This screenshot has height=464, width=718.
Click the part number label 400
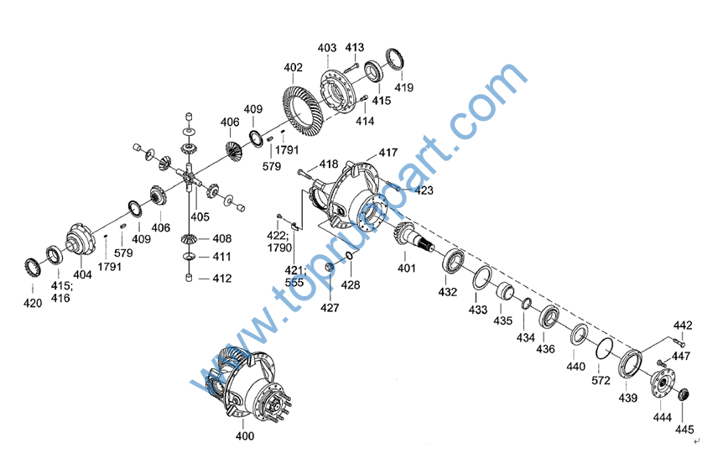(245, 435)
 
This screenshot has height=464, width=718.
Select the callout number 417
(388, 153)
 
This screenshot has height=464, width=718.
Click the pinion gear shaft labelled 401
(411, 237)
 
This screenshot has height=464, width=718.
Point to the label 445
(684, 430)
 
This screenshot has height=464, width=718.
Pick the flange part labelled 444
(663, 383)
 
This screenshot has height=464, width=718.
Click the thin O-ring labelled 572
(605, 349)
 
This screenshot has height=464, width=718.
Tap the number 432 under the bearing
(447, 291)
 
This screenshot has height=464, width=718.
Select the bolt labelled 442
(679, 341)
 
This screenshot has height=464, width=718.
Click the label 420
(33, 303)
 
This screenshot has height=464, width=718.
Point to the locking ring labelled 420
(33, 268)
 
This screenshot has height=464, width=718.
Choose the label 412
(222, 278)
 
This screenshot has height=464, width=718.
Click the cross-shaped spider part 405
(189, 176)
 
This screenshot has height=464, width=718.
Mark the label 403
(327, 48)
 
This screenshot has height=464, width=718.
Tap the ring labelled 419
(395, 60)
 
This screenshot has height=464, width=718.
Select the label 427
(330, 307)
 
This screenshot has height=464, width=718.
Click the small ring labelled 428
(349, 256)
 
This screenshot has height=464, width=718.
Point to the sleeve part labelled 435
(506, 291)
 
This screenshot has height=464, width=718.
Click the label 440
(575, 366)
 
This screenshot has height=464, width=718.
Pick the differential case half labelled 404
(81, 240)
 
